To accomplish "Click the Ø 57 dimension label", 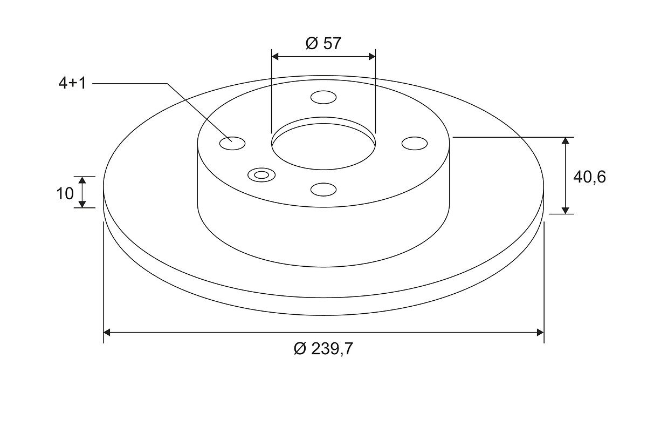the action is (323, 43).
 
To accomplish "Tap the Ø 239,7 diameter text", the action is (323, 348).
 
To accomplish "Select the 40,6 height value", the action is (589, 177).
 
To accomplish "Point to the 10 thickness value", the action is (65, 193).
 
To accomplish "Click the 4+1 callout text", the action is (72, 83).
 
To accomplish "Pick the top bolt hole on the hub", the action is (323, 97).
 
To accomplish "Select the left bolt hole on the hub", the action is (232, 143).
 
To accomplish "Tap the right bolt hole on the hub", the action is (415, 143).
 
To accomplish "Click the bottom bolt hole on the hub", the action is (323, 190).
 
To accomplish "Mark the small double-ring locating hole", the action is (261, 175).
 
